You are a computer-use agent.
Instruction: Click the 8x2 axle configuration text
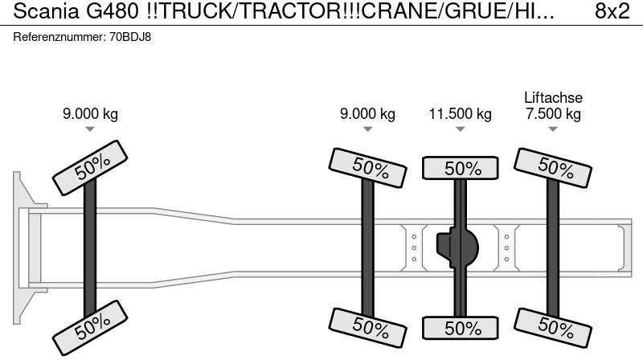click(x=612, y=11)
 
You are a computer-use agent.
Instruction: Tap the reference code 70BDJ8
click(x=130, y=37)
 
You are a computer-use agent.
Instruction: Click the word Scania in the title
click(x=46, y=11)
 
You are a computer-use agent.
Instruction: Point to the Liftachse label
click(x=553, y=97)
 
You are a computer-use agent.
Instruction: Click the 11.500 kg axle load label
click(x=460, y=114)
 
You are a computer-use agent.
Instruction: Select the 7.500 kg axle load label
click(x=553, y=113)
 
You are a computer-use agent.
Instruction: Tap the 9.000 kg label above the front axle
click(x=90, y=113)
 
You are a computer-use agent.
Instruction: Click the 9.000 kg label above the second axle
click(x=367, y=113)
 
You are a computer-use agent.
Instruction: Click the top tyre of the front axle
click(x=90, y=168)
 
